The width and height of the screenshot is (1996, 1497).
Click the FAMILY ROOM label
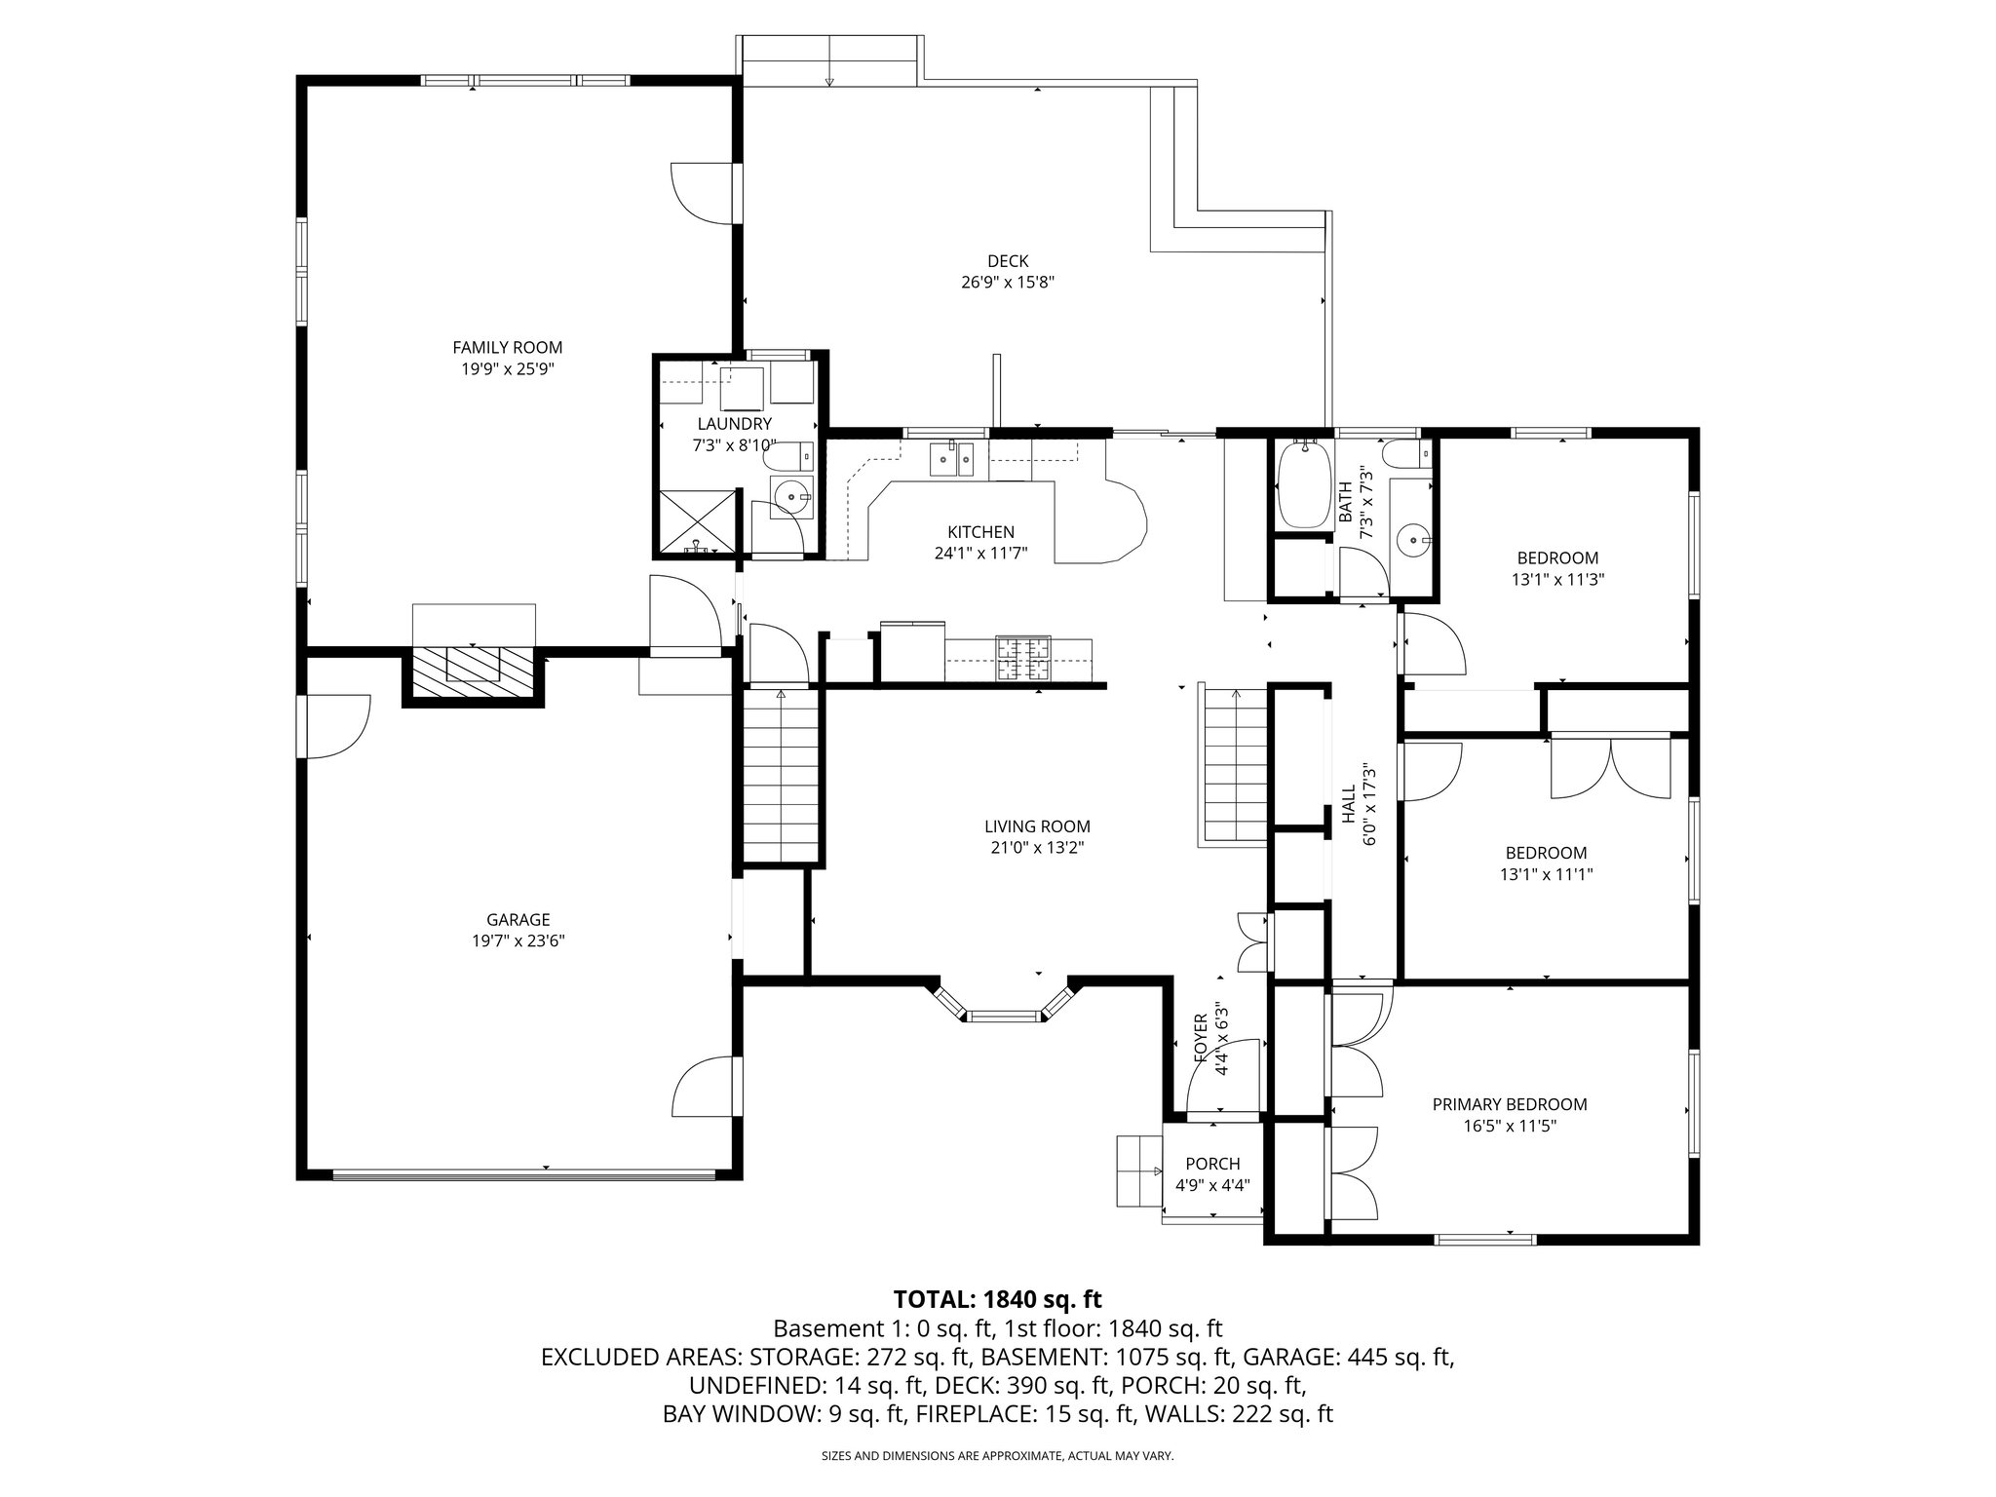pos(507,347)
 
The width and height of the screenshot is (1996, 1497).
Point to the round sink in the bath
pos(1412,538)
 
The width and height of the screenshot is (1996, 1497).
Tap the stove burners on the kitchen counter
pos(1022,658)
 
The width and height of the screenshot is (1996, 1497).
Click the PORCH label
pos(1212,1164)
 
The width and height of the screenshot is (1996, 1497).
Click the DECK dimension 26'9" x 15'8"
pos(1008,283)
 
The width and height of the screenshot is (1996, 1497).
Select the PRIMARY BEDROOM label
pos(1509,1104)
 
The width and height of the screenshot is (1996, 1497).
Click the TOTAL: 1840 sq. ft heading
pos(997,1299)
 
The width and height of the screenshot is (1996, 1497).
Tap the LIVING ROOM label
pos(1037,826)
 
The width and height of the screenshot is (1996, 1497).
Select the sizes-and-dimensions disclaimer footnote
pos(997,1456)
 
